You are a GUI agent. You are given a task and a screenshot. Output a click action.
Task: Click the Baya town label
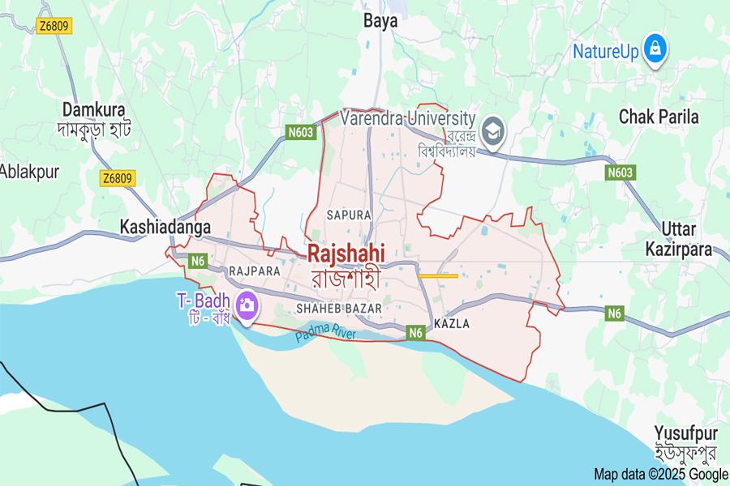tap(380, 21)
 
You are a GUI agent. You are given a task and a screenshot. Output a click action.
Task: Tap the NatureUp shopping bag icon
tap(654, 49)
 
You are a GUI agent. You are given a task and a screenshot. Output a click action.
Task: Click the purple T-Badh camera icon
tap(246, 305)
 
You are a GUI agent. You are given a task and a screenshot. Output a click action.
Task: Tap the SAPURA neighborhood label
tap(348, 215)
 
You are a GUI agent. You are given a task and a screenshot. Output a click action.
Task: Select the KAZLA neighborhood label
tap(452, 323)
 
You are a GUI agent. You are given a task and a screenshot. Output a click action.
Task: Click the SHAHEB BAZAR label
tap(339, 309)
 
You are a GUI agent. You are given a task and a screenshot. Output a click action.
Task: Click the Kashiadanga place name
tap(165, 227)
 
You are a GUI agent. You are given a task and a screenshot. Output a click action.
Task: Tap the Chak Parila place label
tap(659, 117)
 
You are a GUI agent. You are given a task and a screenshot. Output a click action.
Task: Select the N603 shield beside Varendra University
tap(300, 132)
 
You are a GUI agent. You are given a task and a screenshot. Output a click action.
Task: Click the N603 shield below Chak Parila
tap(620, 173)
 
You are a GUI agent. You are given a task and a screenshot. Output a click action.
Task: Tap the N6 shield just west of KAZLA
tap(415, 332)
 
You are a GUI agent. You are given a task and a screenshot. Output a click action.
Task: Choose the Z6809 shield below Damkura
tap(118, 178)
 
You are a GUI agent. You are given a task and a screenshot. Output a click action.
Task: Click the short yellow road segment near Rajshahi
tap(438, 275)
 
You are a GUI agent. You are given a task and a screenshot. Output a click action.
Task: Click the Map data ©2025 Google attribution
tap(660, 475)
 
